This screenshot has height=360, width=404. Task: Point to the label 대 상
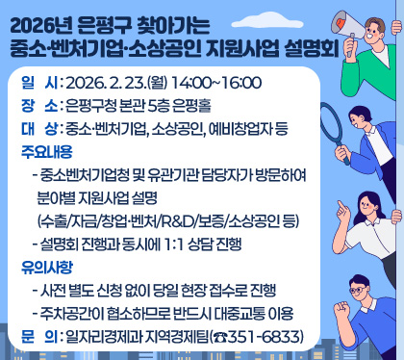(34, 127)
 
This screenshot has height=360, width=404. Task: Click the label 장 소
(34, 106)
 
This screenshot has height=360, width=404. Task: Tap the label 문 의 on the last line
(34, 337)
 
